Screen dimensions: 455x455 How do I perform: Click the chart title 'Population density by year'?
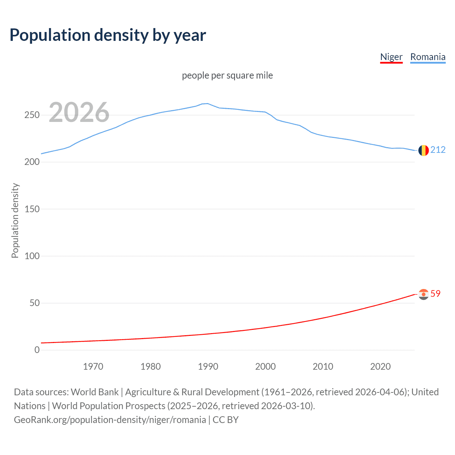coord(108,35)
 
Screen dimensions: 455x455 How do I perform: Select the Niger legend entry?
coord(391,57)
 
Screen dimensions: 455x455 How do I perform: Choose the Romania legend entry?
coord(428,57)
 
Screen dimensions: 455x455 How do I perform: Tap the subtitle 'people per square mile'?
coord(227,75)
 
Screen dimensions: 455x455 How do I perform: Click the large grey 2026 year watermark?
coord(79,112)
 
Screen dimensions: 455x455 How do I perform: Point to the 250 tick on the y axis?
coord(32,115)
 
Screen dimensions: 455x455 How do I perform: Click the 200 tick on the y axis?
coord(32,162)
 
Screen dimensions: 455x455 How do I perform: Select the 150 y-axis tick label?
coord(32,209)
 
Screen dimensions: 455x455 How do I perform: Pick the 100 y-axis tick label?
coord(32,256)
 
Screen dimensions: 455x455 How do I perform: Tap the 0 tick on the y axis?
coord(37,350)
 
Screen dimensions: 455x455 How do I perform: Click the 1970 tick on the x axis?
coord(93,366)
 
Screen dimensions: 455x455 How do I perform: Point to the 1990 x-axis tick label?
coord(208,366)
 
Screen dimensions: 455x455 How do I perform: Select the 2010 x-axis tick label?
coord(323,366)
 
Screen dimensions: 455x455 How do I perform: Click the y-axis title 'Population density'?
coord(15,220)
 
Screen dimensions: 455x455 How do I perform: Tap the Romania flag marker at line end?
coord(423,150)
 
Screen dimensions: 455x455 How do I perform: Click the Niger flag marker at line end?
coord(423,294)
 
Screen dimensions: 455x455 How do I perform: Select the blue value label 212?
coord(438,150)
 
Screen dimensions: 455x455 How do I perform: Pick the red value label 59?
coord(435,294)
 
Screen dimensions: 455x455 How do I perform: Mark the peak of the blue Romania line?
coord(208,103)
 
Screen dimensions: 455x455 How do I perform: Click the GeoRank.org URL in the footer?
coord(110,420)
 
